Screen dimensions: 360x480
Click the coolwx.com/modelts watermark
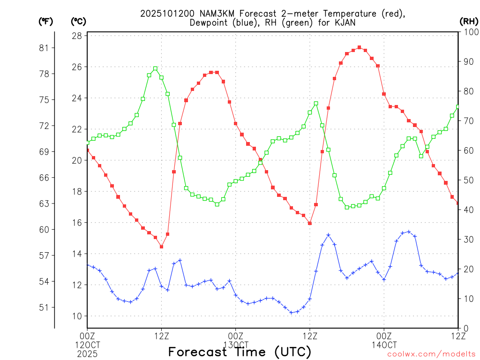click(431, 354)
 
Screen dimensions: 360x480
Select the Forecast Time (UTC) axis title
click(240, 352)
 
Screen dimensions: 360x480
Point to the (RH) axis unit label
click(468, 21)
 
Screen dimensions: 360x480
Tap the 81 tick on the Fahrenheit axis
click(44, 48)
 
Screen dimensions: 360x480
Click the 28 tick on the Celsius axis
click(78, 36)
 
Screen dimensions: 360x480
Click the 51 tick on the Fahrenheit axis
click(44, 307)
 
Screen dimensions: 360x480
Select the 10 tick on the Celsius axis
click(78, 316)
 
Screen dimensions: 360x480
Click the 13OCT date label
click(235, 345)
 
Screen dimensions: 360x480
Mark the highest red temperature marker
click(359, 47)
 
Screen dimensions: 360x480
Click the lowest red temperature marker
click(161, 247)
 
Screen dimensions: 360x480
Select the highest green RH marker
click(155, 69)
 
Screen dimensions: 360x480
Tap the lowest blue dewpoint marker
click(291, 313)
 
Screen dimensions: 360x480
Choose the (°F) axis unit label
click(45, 21)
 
